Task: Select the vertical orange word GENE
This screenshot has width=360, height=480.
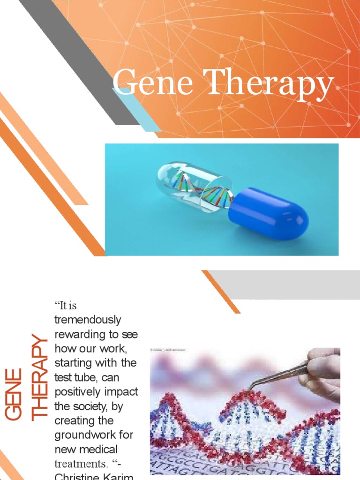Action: tap(14, 394)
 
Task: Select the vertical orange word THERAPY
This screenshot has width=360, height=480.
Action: tap(39, 375)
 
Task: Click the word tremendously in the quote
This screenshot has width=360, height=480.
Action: tap(88, 320)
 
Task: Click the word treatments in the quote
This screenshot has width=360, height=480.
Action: tap(77, 463)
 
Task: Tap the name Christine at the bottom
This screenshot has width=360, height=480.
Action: tap(75, 477)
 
